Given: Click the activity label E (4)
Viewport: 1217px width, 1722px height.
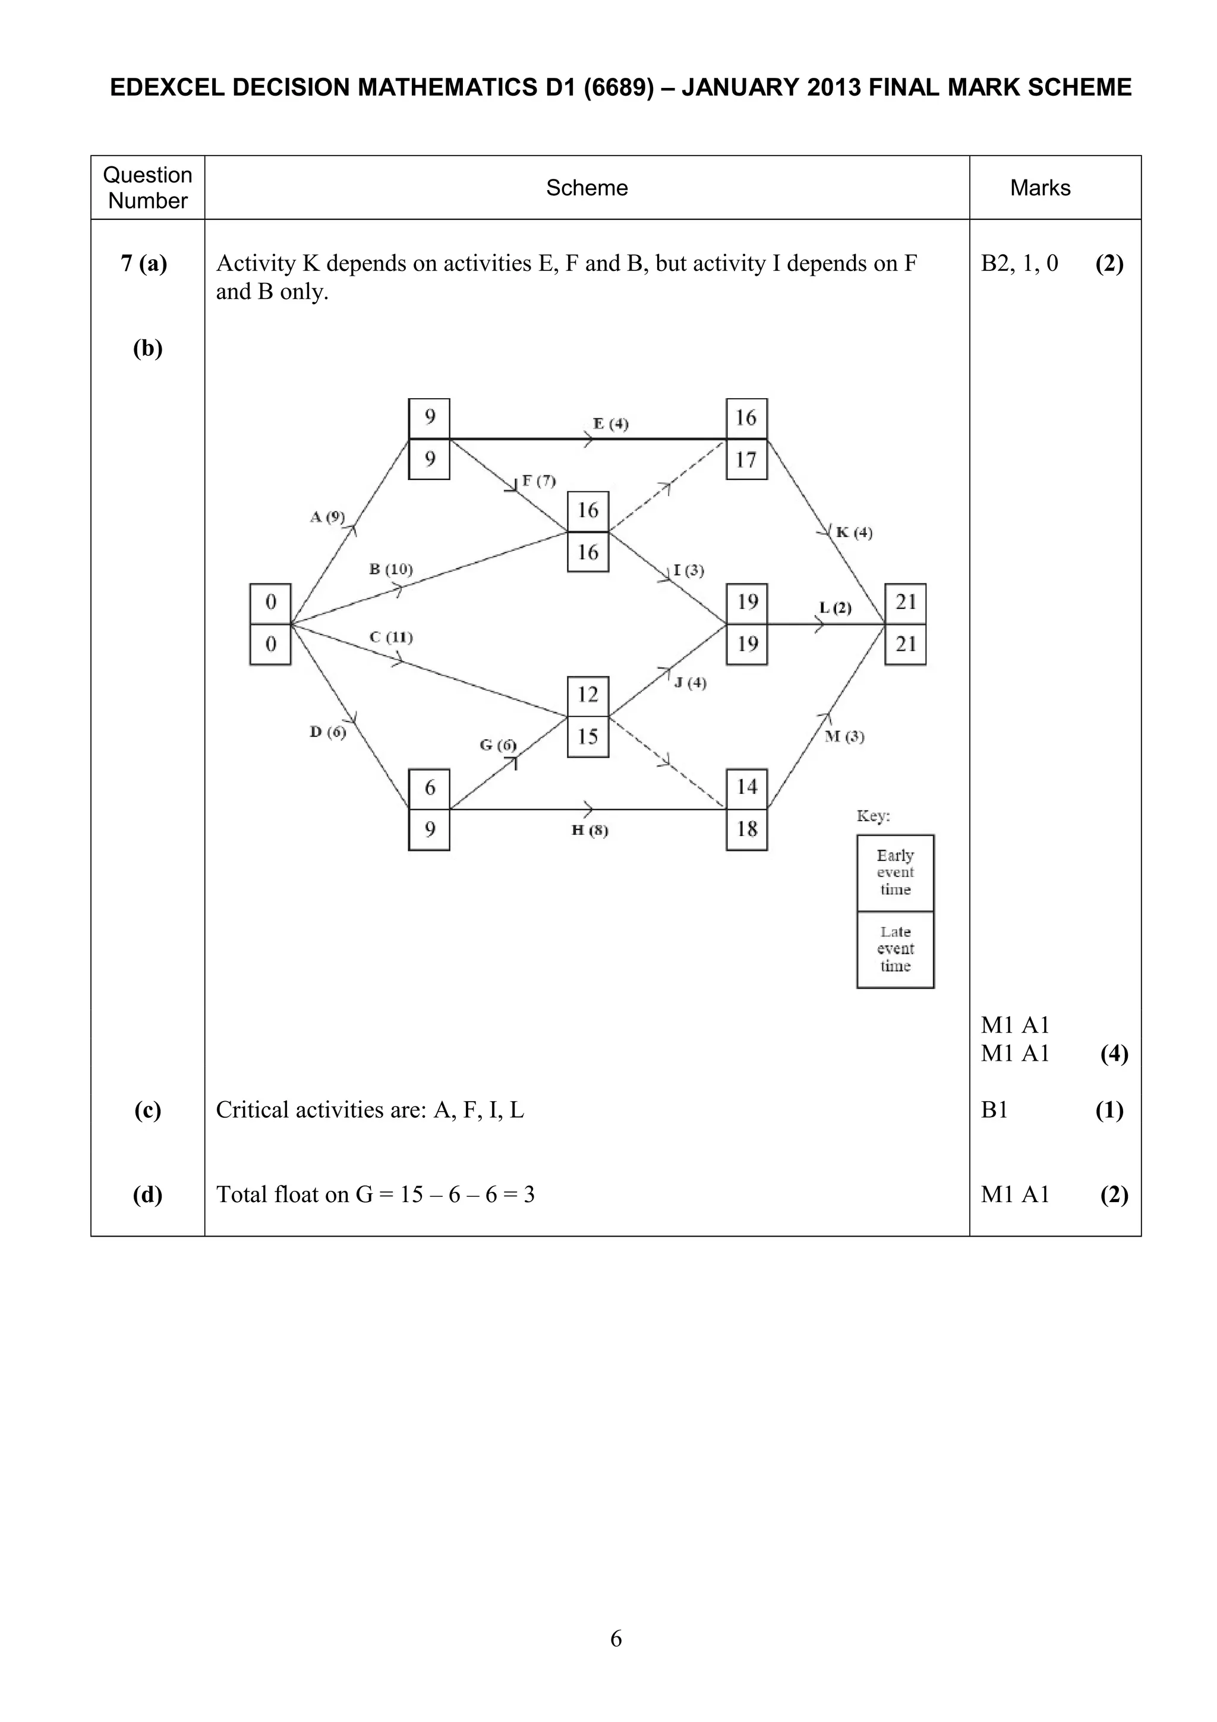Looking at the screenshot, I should click(x=610, y=424).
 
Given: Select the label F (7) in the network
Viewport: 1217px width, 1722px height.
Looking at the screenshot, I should click(x=538, y=481).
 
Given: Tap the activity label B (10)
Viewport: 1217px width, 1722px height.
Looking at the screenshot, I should click(x=390, y=569).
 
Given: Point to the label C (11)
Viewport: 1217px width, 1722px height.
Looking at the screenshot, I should click(x=390, y=638).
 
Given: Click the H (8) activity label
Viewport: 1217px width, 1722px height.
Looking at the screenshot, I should click(x=589, y=830).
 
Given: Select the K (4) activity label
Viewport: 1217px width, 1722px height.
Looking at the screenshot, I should click(x=853, y=532).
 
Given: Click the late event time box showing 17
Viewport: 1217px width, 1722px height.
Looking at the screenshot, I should click(x=746, y=460).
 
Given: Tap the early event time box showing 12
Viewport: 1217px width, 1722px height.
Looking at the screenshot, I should click(x=588, y=695).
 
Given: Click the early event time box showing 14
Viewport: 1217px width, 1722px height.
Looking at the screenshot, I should click(x=746, y=787).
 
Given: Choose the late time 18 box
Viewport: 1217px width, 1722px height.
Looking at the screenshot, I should click(x=746, y=830).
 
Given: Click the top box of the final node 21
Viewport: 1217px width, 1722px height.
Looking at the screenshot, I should click(x=905, y=603).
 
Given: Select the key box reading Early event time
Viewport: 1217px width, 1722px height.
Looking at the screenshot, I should click(x=896, y=872).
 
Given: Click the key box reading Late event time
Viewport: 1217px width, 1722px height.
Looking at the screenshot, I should click(x=896, y=949).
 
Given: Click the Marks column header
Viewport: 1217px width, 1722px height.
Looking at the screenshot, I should click(x=1039, y=188).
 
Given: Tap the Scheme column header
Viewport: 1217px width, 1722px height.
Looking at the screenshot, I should click(x=587, y=188).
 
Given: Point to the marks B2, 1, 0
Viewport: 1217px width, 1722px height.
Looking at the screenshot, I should click(x=1019, y=263).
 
